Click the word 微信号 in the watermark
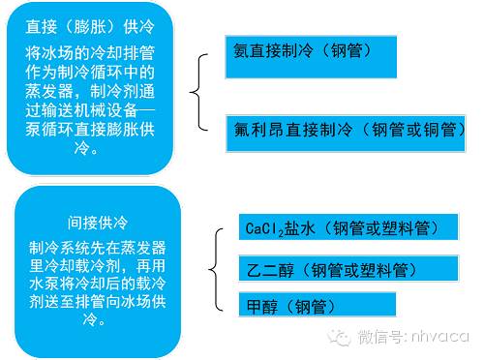tap(378, 338)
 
